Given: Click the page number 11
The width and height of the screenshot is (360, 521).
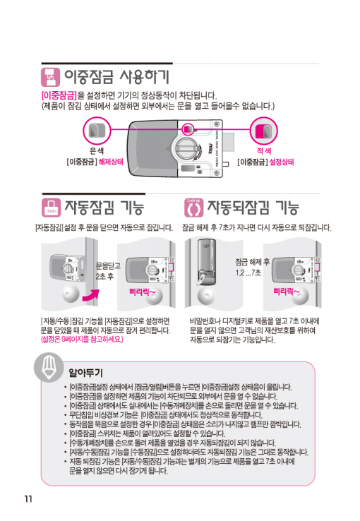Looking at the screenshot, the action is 28,498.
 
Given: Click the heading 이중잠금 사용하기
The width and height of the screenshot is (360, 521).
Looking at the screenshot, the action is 116,77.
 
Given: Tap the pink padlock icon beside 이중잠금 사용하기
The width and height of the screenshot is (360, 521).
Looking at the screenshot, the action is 51,78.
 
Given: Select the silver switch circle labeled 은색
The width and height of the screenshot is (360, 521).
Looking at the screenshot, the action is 97,131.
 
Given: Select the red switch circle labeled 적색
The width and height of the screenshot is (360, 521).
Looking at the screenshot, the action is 263,131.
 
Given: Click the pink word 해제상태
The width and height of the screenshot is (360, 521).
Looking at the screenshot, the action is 111,162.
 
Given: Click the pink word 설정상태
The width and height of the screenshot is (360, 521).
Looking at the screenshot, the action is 282,162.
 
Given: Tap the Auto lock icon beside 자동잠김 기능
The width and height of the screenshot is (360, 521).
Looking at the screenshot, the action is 51,208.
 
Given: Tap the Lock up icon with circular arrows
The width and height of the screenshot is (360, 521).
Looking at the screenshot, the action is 193,208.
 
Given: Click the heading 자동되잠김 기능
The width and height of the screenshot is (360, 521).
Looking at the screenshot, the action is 253,208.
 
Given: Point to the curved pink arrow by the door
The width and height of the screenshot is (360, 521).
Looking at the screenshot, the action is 90,295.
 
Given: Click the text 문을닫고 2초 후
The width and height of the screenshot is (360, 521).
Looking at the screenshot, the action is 108,271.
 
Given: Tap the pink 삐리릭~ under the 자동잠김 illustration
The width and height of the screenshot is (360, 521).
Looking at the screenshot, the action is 143,292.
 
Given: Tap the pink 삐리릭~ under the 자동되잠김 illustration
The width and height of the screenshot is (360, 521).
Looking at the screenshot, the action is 287,292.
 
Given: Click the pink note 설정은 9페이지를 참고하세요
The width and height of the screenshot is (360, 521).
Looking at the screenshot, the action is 82,340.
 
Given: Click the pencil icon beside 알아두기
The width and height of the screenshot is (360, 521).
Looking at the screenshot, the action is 49,368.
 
